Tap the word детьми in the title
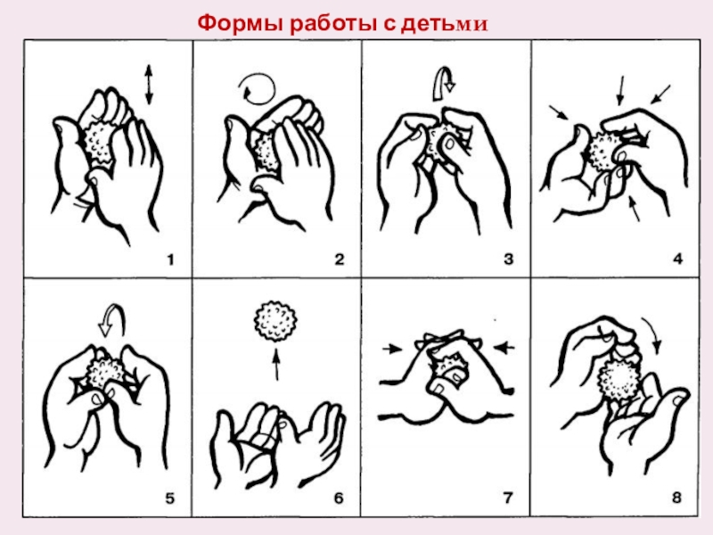coord(444,25)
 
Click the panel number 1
coord(170,259)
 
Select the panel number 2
coord(340,259)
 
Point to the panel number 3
coord(508,259)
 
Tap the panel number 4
coord(677,259)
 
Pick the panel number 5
coord(169,498)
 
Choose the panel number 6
coord(339,498)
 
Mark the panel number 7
coord(508,498)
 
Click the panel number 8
coord(676,498)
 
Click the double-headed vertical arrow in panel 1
coord(149,85)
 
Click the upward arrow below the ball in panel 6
coord(276,364)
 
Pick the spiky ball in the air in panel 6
coord(275,321)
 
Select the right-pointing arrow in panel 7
coord(392,349)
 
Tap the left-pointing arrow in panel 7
coord(504,348)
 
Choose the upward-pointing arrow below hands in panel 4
coord(635,209)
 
